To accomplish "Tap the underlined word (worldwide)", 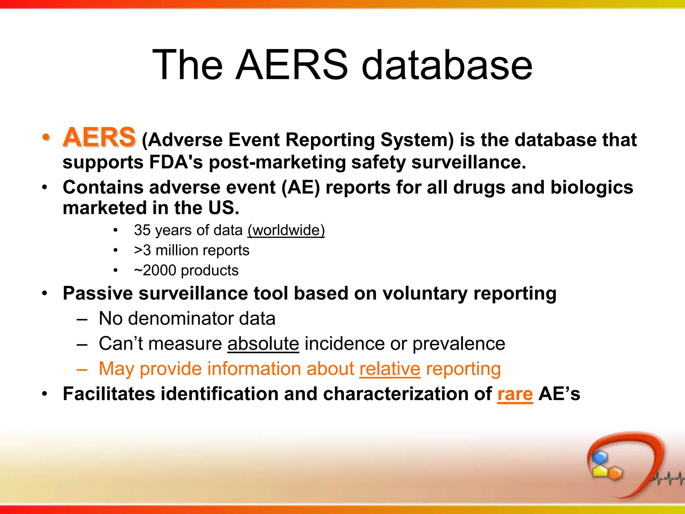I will [x=286, y=230].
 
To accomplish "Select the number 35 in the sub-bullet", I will [x=142, y=230].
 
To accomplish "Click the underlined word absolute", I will [x=263, y=344].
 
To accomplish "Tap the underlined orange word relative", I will [x=390, y=369].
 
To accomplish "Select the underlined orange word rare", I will [x=515, y=394].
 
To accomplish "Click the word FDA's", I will [x=176, y=162].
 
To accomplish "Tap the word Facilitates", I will [x=109, y=394].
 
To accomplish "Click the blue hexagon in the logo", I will [x=600, y=457].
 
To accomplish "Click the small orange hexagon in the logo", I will [x=615, y=473].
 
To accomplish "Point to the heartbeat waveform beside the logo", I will [x=667, y=479].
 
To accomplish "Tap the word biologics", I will [x=591, y=187].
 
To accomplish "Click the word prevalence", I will [x=459, y=344].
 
